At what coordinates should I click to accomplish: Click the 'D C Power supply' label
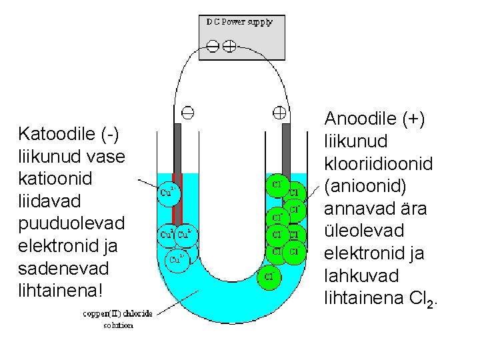(239, 22)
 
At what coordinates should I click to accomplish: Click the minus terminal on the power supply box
(213, 45)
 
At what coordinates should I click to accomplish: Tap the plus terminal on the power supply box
(229, 45)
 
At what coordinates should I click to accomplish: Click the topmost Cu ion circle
(169, 193)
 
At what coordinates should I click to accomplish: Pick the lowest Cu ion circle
(177, 259)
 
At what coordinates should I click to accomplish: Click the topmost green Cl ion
(277, 183)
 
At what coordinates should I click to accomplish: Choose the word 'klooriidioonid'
(377, 163)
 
